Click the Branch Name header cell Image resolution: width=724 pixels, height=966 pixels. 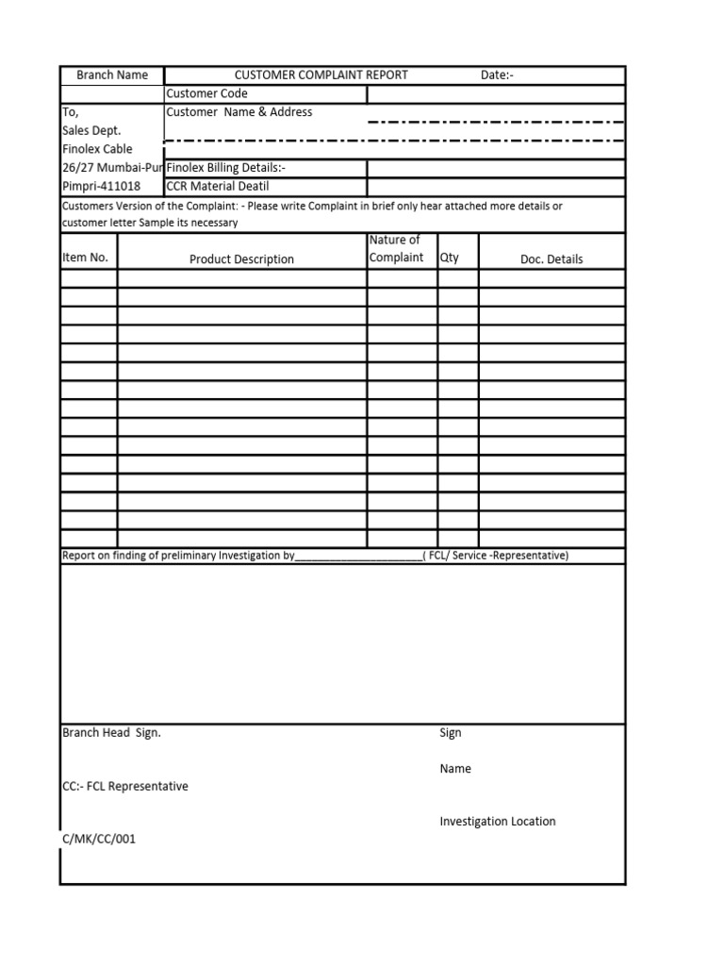click(112, 75)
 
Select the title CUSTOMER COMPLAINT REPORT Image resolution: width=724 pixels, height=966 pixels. click(321, 75)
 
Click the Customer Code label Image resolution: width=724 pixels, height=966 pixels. click(206, 93)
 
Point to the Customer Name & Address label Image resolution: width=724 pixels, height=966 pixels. click(239, 112)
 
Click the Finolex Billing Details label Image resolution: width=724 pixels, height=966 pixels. click(226, 168)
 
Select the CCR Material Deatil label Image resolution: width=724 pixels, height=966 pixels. click(218, 186)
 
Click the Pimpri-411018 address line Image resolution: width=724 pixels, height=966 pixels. click(101, 186)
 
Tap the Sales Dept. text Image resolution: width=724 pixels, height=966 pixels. click(91, 130)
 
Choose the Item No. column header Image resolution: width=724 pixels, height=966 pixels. click(85, 258)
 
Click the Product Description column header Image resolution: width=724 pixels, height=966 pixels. click(241, 259)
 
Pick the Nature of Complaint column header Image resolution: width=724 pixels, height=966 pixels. click(396, 249)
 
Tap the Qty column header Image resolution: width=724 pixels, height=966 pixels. click(450, 258)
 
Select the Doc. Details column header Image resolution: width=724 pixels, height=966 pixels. click(551, 259)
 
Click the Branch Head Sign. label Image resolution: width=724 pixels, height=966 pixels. click(111, 733)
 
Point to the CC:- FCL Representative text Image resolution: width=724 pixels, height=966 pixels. click(124, 786)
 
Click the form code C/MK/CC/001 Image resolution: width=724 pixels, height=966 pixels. click(99, 839)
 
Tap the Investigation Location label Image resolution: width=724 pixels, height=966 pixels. click(498, 822)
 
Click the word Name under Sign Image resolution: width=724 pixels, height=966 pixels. click(455, 769)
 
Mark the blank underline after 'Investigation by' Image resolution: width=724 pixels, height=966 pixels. click(359, 557)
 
